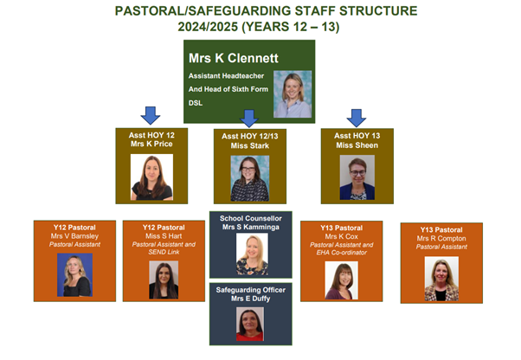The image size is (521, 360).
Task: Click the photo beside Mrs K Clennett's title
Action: tap(293, 94)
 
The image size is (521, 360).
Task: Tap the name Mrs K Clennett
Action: tap(234, 58)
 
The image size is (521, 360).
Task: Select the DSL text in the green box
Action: tap(196, 103)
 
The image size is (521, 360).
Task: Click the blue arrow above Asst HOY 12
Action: tap(151, 116)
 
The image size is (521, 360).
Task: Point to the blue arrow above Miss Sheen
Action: tap(357, 118)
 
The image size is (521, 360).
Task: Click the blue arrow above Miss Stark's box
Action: tap(249, 119)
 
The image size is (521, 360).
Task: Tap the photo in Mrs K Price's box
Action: tap(151, 177)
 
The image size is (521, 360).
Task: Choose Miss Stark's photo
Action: tap(250, 178)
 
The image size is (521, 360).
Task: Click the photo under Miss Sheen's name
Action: tap(357, 177)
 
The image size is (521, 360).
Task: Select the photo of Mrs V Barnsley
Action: tap(74, 275)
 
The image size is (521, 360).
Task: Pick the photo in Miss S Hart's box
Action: tap(164, 280)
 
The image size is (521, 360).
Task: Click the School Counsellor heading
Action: tap(250, 218)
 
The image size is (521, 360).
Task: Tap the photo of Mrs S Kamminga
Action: tap(252, 254)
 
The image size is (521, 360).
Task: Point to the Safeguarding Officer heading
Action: tap(250, 290)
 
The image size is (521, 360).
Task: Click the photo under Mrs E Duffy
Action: tap(250, 325)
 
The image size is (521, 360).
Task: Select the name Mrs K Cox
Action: tap(341, 236)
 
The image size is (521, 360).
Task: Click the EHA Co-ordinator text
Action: tap(342, 253)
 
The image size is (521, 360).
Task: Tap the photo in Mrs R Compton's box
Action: tap(441, 279)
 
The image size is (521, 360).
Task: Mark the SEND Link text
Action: tap(164, 252)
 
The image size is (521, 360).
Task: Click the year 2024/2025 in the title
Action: tap(208, 27)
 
